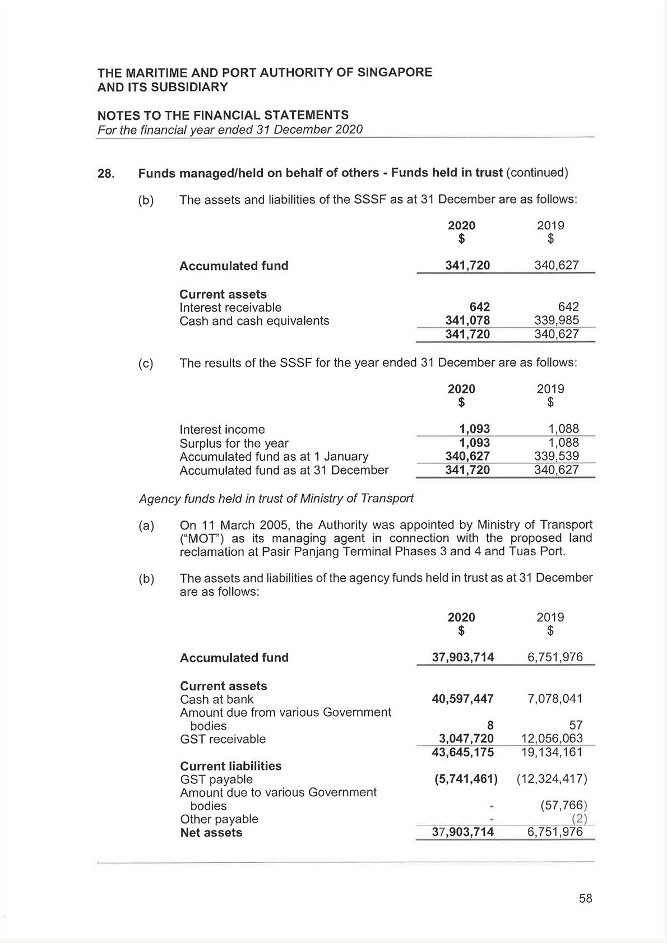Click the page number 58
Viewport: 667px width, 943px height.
point(586,898)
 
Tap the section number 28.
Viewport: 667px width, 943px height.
point(106,174)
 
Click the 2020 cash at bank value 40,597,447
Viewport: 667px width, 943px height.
point(462,699)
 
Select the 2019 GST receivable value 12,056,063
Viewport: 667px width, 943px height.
point(552,738)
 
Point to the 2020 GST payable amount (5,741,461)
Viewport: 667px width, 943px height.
point(466,779)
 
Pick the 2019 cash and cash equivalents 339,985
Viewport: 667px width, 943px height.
point(557,320)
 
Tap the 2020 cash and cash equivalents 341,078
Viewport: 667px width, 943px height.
point(467,320)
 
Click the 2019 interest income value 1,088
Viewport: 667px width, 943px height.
point(563,429)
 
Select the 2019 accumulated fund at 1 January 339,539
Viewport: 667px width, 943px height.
point(557,456)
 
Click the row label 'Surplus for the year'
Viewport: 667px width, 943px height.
point(234,443)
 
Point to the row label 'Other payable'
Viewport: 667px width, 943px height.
point(219,819)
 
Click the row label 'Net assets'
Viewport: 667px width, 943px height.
point(211,833)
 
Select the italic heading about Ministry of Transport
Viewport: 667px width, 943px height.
point(276,498)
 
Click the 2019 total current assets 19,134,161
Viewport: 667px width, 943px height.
point(552,752)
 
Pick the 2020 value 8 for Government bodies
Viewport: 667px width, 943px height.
point(490,726)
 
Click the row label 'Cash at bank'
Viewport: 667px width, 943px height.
point(216,699)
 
